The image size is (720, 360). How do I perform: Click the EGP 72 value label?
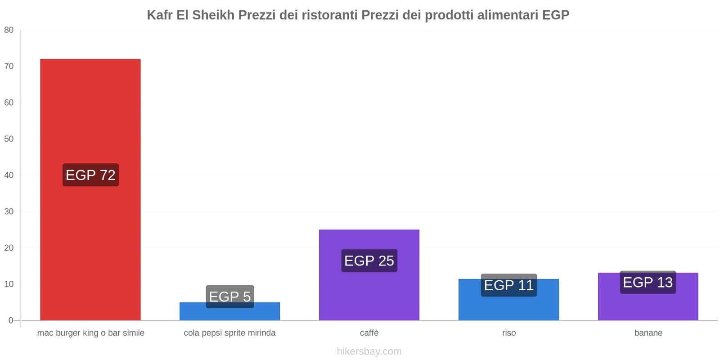coord(90,175)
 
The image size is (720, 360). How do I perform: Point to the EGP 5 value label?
coord(230,297)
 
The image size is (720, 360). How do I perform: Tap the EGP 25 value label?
coord(369,261)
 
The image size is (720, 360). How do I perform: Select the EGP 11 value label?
coord(508,285)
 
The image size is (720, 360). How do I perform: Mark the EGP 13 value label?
coord(648,282)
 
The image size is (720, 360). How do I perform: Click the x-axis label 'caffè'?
coord(369,333)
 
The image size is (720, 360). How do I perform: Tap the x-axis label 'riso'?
coord(509,333)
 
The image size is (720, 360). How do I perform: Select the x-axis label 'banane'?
coord(648,333)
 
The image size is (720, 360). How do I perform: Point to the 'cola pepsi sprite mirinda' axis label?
coord(229,333)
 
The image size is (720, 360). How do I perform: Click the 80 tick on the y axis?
coord(9,30)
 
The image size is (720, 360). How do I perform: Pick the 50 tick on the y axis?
coord(9,139)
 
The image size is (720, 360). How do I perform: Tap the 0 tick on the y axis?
coord(11,320)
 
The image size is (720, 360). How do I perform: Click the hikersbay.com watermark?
coord(369,351)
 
